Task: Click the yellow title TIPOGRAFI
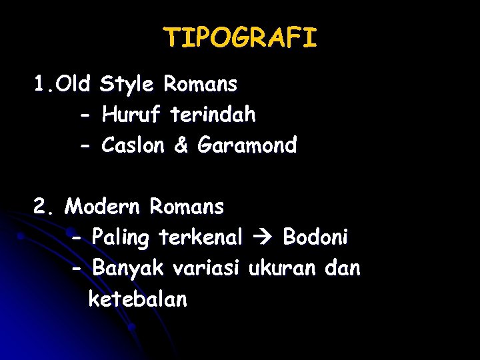240,38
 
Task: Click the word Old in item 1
74,85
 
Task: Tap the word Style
127,85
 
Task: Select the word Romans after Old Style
200,85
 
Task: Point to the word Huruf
131,115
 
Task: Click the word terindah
213,115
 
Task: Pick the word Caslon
133,145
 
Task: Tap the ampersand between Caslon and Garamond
181,145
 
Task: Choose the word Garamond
247,145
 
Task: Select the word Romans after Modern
187,207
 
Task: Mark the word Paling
121,237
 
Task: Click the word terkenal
201,237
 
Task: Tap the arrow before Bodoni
263,237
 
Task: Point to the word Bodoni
315,237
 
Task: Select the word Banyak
127,269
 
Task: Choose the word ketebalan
137,300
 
